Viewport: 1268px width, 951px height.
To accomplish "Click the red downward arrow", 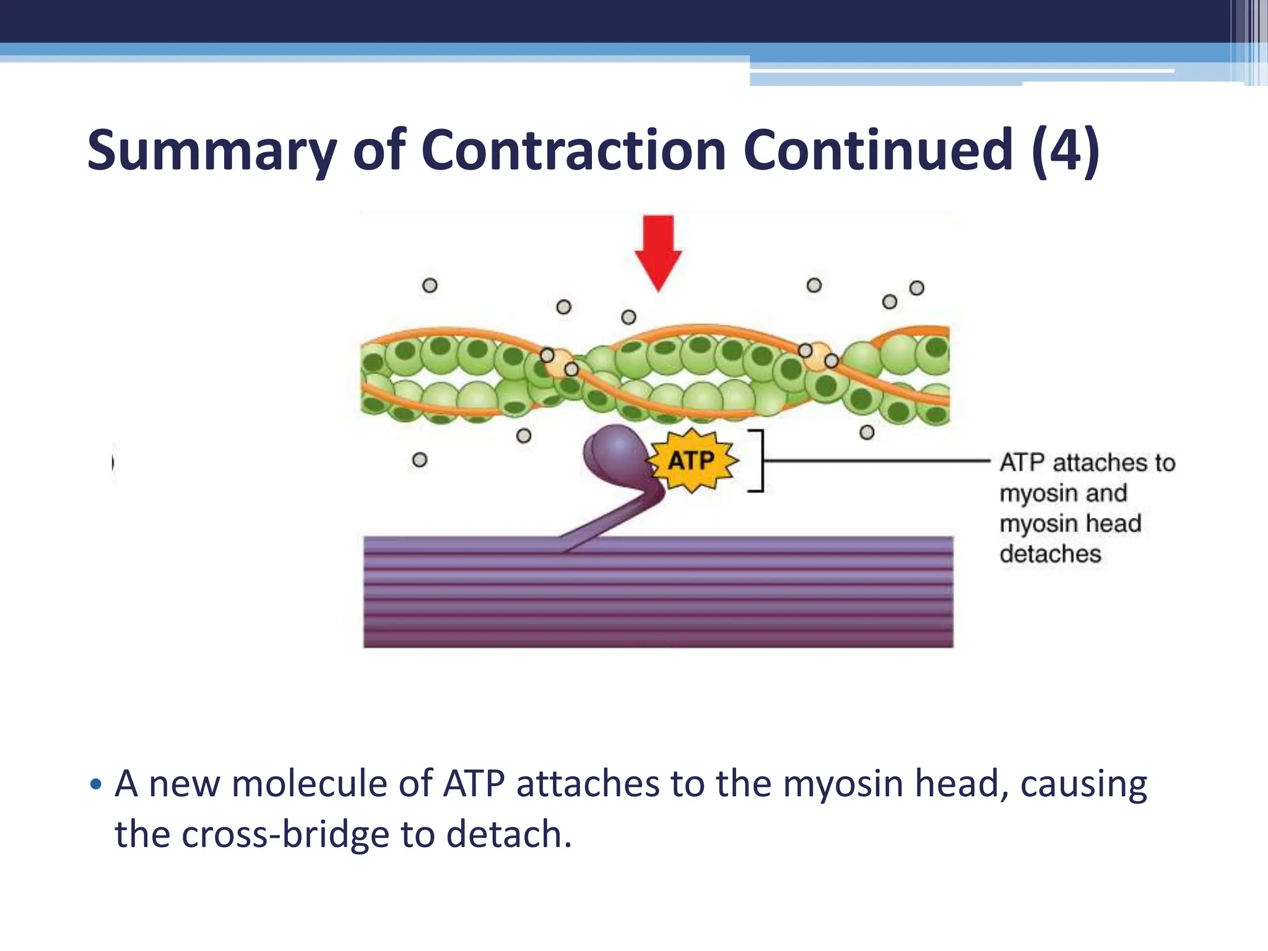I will (658, 251).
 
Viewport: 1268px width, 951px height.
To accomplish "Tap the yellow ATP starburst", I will (692, 461).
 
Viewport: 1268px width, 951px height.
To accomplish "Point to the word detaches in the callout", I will (1050, 554).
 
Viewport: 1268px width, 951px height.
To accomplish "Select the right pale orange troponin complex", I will (819, 356).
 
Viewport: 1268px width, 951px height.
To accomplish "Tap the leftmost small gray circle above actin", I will (430, 285).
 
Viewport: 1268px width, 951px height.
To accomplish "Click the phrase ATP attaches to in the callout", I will (1087, 462).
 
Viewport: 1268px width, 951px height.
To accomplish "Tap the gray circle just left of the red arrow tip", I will (628, 317).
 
